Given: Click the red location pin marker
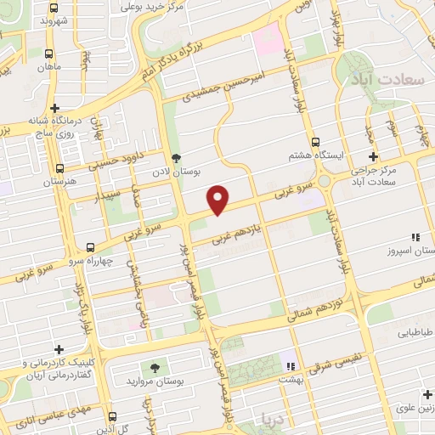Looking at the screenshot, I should (218, 199).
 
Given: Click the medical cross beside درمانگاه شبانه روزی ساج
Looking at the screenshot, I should (55, 109).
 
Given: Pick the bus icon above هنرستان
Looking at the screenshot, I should (59, 168).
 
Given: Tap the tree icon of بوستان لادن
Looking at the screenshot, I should (175, 157).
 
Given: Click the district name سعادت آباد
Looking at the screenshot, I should (387, 80).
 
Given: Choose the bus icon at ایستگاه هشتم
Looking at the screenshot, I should (314, 143).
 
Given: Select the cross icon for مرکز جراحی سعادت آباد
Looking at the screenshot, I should (372, 156).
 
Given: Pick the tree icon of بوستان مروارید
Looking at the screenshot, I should (155, 366).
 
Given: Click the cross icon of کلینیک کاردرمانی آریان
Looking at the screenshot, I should (59, 349).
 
